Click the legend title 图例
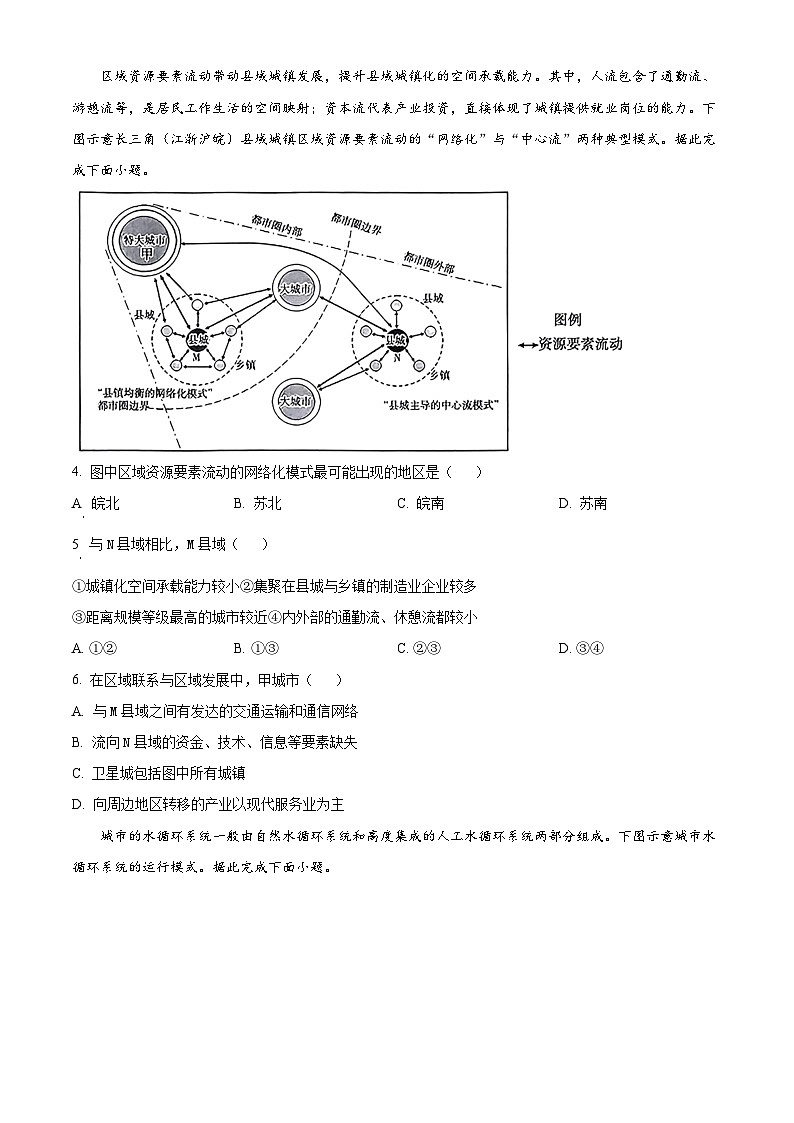point(567,320)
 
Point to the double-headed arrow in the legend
point(526,344)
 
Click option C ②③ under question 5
point(418,648)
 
